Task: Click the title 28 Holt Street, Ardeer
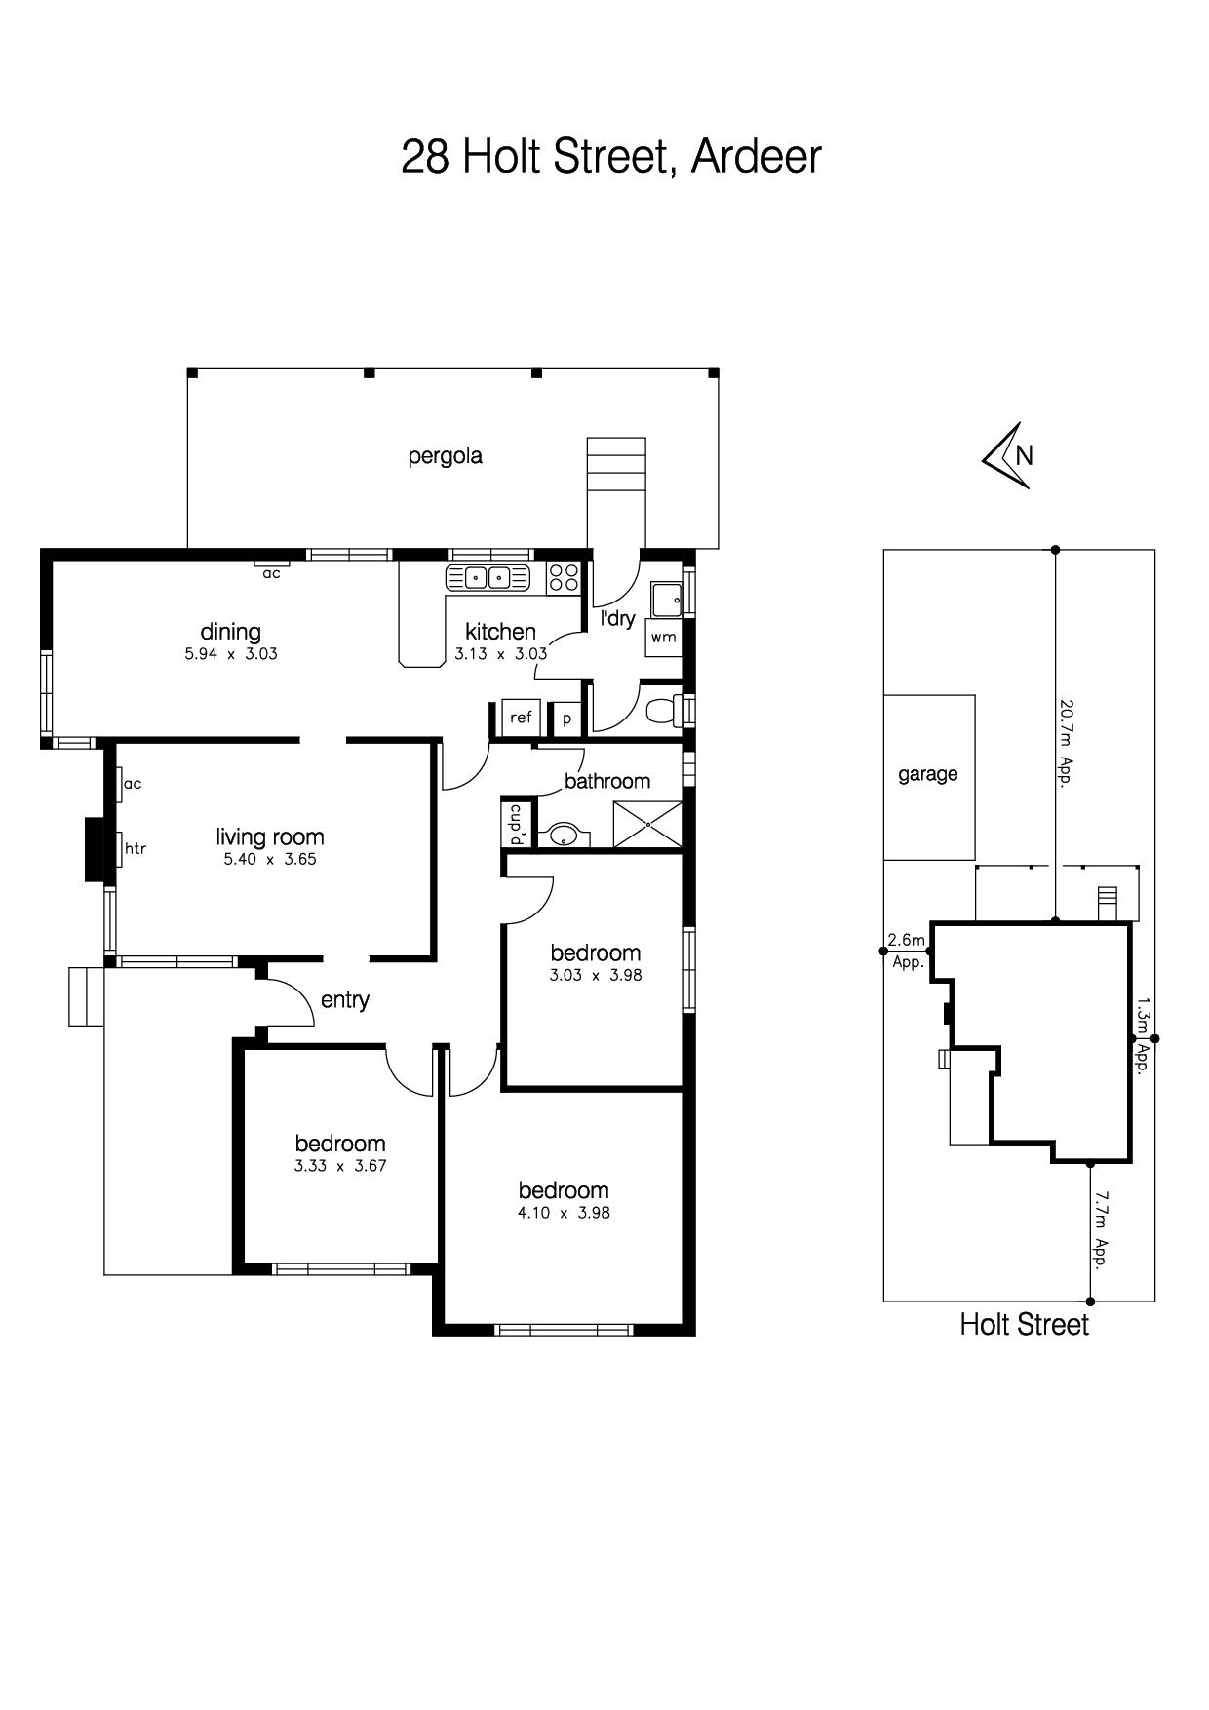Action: (x=611, y=157)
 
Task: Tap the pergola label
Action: (x=446, y=456)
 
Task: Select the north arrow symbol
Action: (x=1008, y=455)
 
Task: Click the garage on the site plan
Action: (x=929, y=777)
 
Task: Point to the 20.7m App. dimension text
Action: (x=1067, y=742)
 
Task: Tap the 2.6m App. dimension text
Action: (x=906, y=951)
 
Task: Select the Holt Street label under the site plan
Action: (x=1024, y=1324)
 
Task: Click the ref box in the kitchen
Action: (x=521, y=718)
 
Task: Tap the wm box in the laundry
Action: (x=663, y=638)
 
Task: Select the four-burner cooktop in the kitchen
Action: (x=563, y=577)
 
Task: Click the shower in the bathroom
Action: (x=647, y=825)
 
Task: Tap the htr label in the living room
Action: (x=136, y=848)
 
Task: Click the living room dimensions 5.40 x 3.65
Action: (x=270, y=860)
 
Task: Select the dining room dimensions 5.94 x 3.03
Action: (x=231, y=654)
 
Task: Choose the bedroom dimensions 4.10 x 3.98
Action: (x=564, y=1214)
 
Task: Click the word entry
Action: (x=345, y=1000)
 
